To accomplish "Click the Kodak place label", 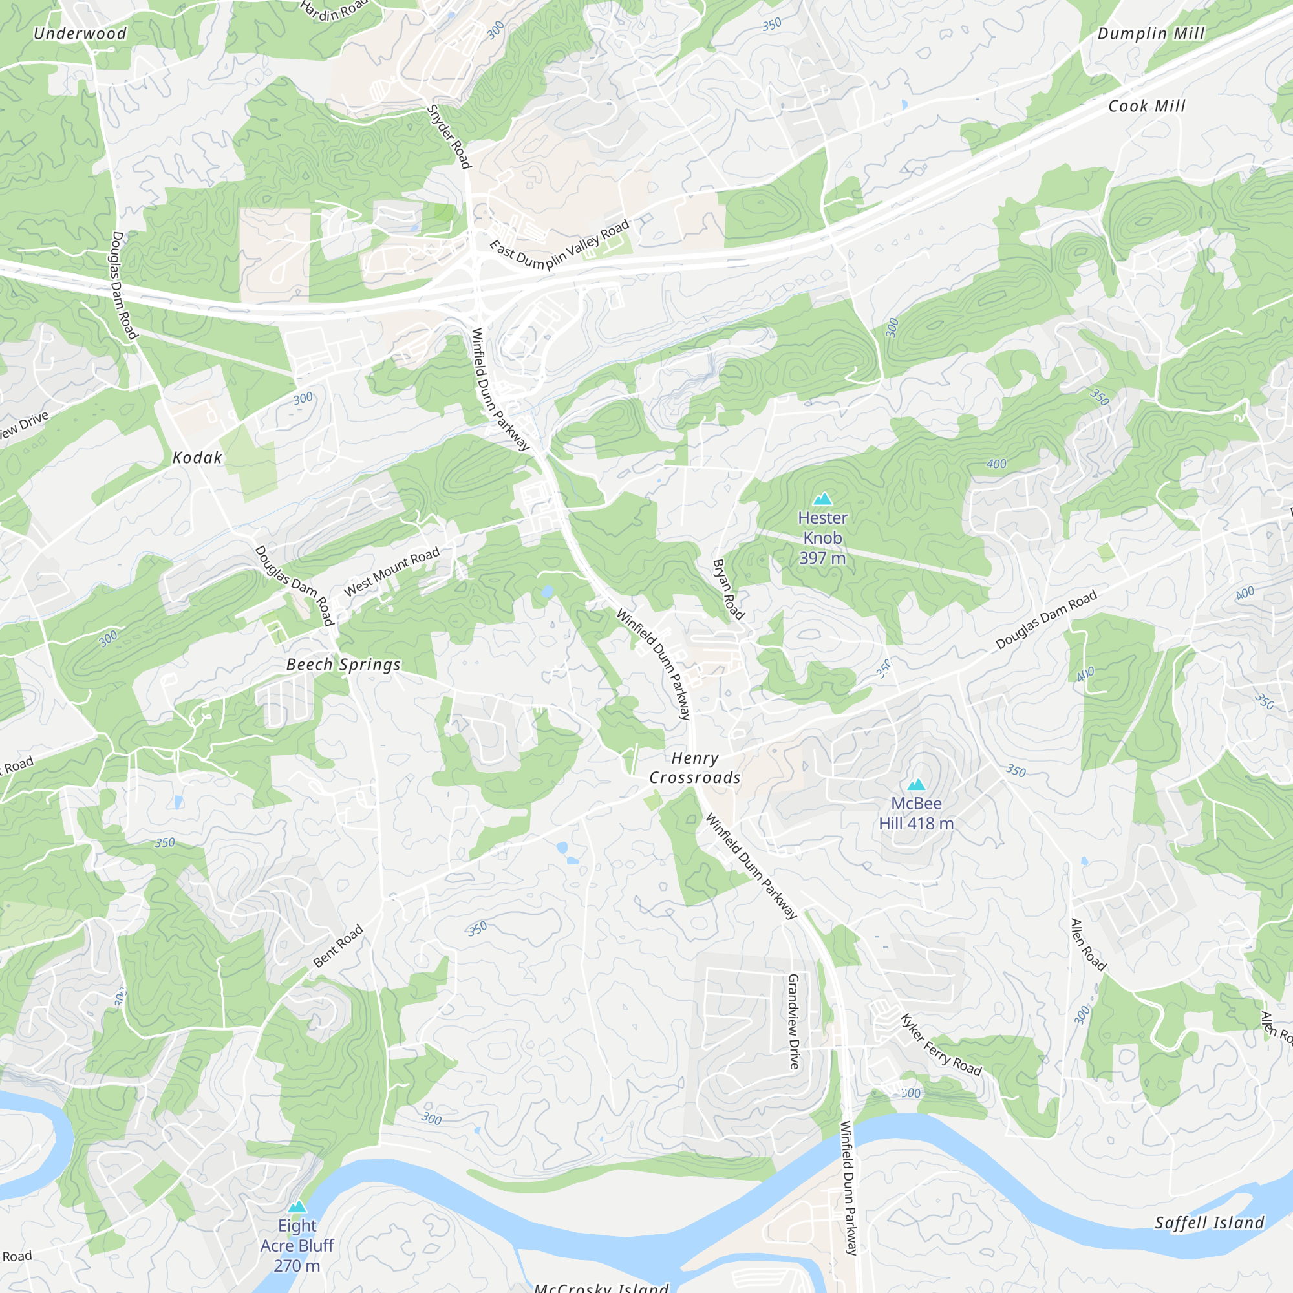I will [x=197, y=458].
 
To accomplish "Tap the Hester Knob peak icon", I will [x=822, y=498].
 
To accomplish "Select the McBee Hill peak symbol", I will [x=915, y=784].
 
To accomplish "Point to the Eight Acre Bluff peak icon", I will [x=297, y=1206].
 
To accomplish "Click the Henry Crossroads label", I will [x=695, y=767].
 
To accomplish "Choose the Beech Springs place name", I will [x=343, y=665].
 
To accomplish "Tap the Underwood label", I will [x=80, y=34].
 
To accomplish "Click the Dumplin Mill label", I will [x=1151, y=34].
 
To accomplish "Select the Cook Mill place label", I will [x=1146, y=106].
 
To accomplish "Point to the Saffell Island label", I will [x=1210, y=1223].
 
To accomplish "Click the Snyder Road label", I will [x=449, y=136].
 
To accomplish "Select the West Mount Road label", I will [x=392, y=571].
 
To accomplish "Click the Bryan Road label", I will [x=728, y=589].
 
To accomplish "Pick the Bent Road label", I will [x=338, y=946].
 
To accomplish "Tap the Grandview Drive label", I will [x=794, y=1021].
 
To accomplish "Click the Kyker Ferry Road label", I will [x=940, y=1045].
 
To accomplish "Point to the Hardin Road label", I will [x=332, y=9].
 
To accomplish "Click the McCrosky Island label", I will [x=601, y=1287].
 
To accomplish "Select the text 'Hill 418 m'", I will [x=915, y=823].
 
